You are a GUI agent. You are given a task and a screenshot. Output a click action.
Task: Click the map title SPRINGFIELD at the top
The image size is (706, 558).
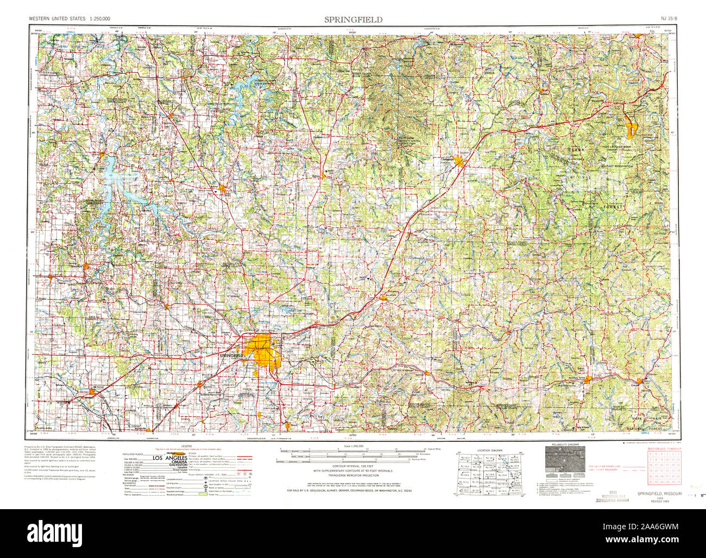tap(353, 20)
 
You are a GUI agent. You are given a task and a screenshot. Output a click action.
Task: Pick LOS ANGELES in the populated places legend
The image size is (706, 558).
tap(168, 459)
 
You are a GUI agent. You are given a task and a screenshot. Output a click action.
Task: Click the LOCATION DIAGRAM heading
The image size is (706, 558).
tap(490, 451)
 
